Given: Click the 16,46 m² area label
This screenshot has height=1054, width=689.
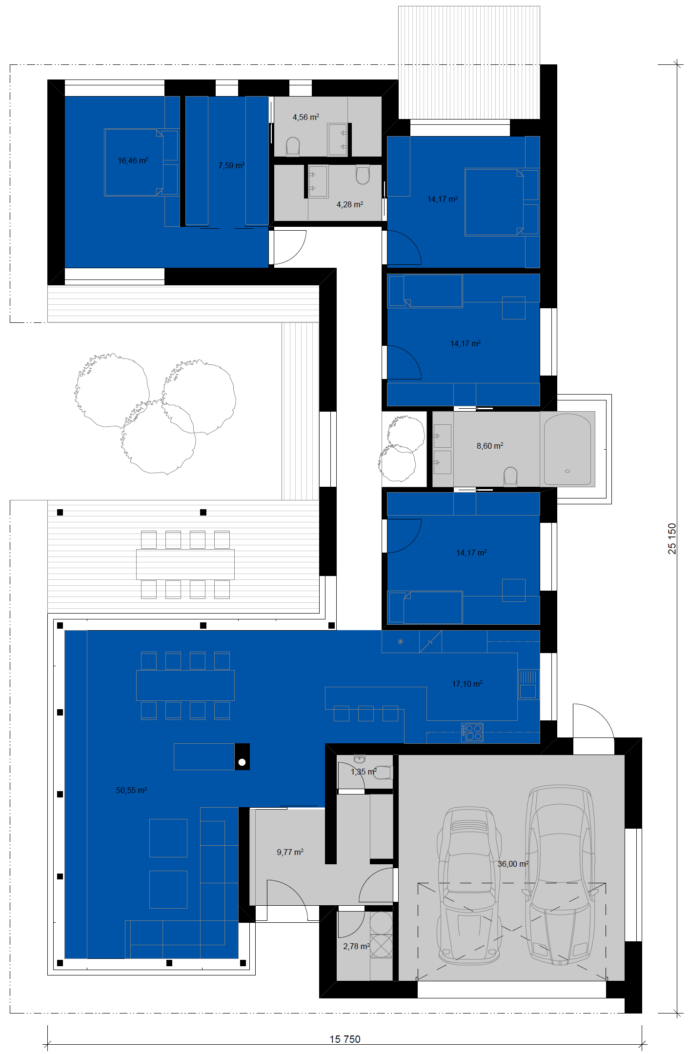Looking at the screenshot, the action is pos(133,160).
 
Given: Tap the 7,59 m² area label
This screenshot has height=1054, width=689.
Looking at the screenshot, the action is pos(231,165).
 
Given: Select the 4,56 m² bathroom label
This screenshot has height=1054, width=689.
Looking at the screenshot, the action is pos(306,117).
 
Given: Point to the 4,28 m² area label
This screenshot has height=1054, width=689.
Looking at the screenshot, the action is pos(350,204).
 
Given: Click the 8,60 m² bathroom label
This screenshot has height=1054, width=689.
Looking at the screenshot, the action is pos(490,446).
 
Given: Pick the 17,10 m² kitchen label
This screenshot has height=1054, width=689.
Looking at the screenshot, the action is pos(467,684).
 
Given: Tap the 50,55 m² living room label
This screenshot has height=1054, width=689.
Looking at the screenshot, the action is pos(132,790).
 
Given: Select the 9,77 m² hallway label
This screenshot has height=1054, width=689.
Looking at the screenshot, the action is pos(290,852).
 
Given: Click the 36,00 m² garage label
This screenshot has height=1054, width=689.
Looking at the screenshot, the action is pos(513,864).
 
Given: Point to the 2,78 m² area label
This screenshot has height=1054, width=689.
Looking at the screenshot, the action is pos(357,946).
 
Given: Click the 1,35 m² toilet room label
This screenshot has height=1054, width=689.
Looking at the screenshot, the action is pos(364,772).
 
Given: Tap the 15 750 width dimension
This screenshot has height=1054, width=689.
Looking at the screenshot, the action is pos(345,1039).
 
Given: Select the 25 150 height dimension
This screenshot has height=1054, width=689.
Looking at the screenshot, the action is pos(672,539).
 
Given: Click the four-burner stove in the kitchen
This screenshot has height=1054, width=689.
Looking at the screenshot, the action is pos(472,732).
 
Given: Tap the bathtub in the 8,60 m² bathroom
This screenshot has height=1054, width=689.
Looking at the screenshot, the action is pos(567,449).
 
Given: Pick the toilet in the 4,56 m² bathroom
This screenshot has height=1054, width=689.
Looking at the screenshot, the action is pos(293,146).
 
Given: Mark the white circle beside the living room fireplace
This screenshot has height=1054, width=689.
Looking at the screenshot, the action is pos(242,762).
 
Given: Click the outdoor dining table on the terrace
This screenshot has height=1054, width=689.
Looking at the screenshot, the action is pos(185,564).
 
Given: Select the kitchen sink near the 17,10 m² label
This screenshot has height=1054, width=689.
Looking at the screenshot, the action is pos(528,684).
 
